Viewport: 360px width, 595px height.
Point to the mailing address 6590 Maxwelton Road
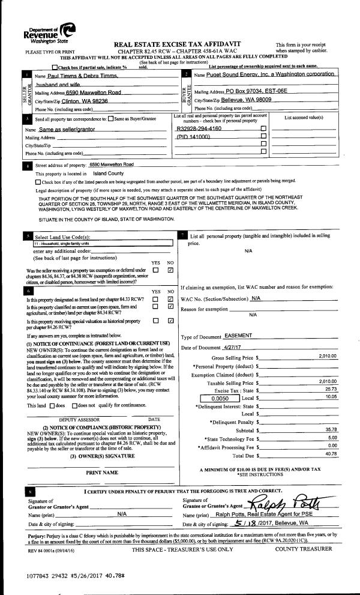click(92, 92)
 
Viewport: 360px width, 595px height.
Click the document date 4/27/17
click(235, 348)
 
